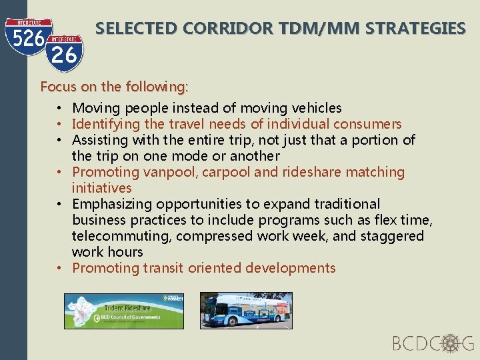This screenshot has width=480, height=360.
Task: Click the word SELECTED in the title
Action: click(x=136, y=29)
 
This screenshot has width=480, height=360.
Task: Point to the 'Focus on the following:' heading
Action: click(x=115, y=87)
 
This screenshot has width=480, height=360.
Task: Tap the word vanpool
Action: click(x=155, y=172)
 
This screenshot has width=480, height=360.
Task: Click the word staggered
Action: click(x=392, y=236)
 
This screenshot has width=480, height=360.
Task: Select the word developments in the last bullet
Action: click(x=290, y=268)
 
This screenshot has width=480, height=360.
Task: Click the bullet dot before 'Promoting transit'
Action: click(x=60, y=268)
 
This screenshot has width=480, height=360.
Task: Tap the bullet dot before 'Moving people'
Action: click(x=60, y=108)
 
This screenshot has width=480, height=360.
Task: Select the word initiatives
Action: click(x=101, y=188)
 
